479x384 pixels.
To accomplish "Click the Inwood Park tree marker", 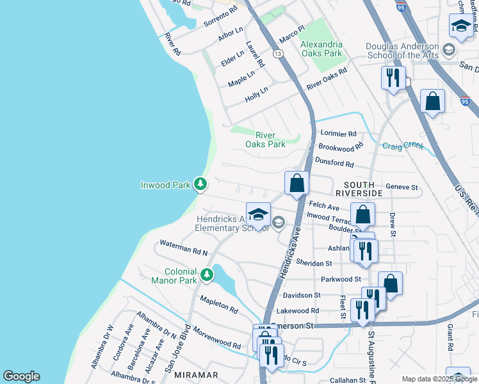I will point(200,185).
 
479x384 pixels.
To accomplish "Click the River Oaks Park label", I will point(265,140).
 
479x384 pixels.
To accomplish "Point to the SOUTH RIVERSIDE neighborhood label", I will point(359,188).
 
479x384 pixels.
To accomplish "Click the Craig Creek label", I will point(403,146).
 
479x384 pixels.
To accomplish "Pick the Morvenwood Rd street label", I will point(219,340).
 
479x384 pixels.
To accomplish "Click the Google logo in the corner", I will point(21,376).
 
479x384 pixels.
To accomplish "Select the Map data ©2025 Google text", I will point(439,379).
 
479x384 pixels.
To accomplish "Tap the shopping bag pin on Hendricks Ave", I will point(297,183).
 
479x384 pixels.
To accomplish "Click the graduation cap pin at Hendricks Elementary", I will point(258,214).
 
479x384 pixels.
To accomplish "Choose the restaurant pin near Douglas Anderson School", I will point(391,78).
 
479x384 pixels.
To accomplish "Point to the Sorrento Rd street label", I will point(220,17).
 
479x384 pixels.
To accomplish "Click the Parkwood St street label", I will point(341,279).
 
